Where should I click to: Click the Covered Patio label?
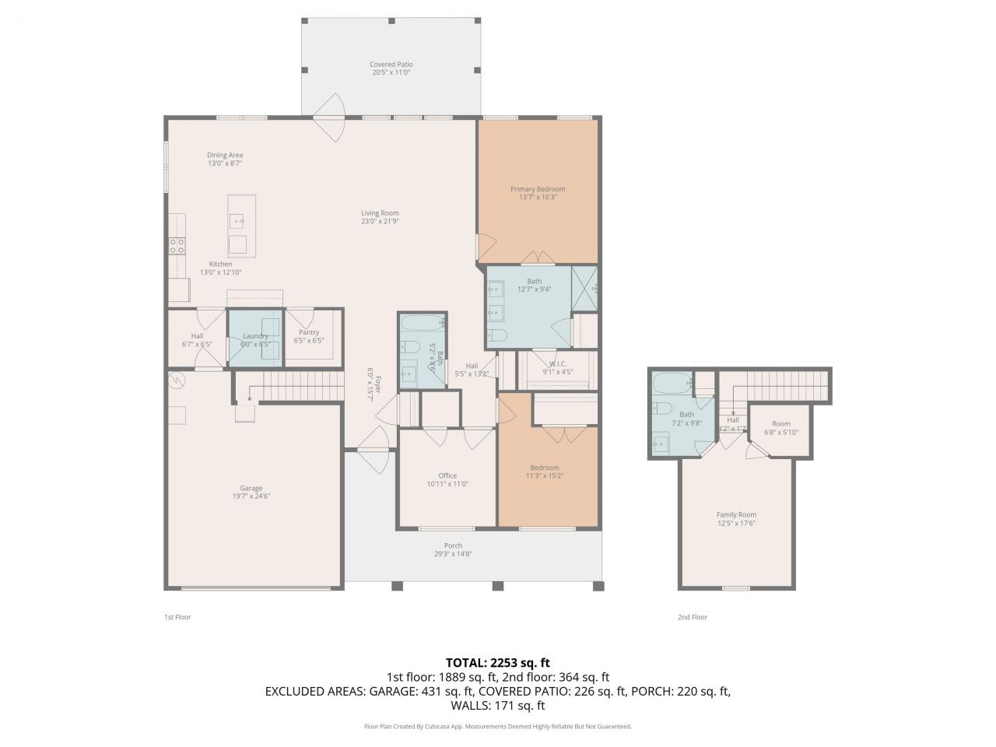(391, 65)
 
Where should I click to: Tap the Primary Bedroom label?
(538, 189)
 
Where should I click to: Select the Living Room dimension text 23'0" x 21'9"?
(380, 222)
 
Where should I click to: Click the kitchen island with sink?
(241, 225)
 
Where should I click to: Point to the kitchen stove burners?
(177, 246)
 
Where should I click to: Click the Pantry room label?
(309, 332)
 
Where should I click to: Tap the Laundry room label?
(255, 336)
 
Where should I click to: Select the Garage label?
(251, 489)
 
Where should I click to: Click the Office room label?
(447, 475)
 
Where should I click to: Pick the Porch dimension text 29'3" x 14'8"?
(453, 555)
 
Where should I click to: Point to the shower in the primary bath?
(584, 289)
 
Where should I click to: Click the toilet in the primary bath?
(498, 336)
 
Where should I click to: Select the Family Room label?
(736, 514)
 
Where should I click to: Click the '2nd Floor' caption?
(692, 617)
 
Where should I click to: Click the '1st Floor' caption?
(177, 617)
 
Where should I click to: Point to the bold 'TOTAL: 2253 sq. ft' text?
(498, 663)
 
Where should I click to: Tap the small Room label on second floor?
(780, 424)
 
